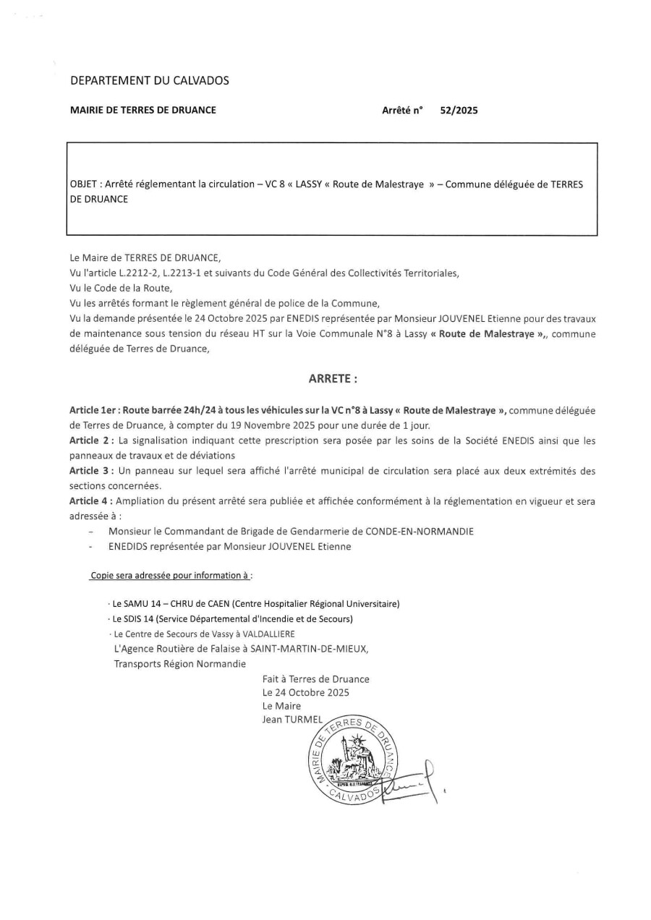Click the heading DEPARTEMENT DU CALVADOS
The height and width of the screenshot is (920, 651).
(x=149, y=80)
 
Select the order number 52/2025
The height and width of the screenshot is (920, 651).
(x=459, y=111)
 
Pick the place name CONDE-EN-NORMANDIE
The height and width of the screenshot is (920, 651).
(x=413, y=532)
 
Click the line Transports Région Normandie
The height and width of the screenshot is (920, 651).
(x=179, y=664)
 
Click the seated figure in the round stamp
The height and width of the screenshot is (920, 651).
(x=352, y=761)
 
